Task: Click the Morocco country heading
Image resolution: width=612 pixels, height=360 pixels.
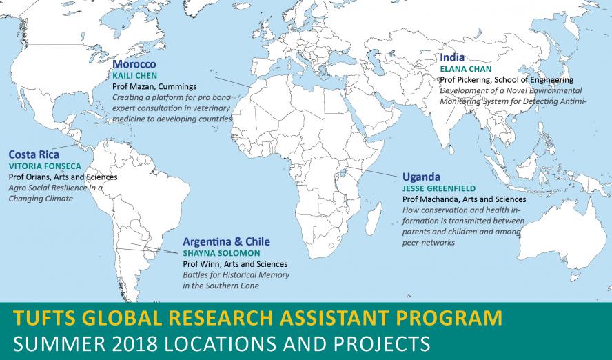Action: pyautogui.click(x=134, y=64)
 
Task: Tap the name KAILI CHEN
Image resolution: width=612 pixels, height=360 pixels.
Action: pyautogui.click(x=135, y=75)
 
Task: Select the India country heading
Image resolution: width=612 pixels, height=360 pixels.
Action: pyautogui.click(x=452, y=57)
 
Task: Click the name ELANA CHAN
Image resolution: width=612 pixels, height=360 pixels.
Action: pyautogui.click(x=466, y=69)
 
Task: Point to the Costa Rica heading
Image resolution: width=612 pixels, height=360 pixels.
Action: pyautogui.click(x=34, y=154)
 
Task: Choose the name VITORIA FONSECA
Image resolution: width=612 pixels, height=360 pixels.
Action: pyautogui.click(x=45, y=166)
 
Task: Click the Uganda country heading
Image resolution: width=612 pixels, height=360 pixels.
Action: pyautogui.click(x=421, y=177)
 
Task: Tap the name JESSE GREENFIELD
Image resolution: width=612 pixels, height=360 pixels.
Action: pyautogui.click(x=439, y=188)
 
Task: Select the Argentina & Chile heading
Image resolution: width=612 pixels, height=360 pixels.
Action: pyautogui.click(x=226, y=241)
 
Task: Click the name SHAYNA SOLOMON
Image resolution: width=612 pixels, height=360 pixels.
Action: pyautogui.click(x=221, y=252)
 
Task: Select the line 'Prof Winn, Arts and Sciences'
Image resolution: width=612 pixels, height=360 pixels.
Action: pyautogui.click(x=235, y=264)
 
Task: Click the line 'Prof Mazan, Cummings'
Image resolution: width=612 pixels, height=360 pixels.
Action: pyautogui.click(x=154, y=86)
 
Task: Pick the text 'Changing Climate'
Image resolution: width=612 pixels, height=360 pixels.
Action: pyautogui.click(x=41, y=199)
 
